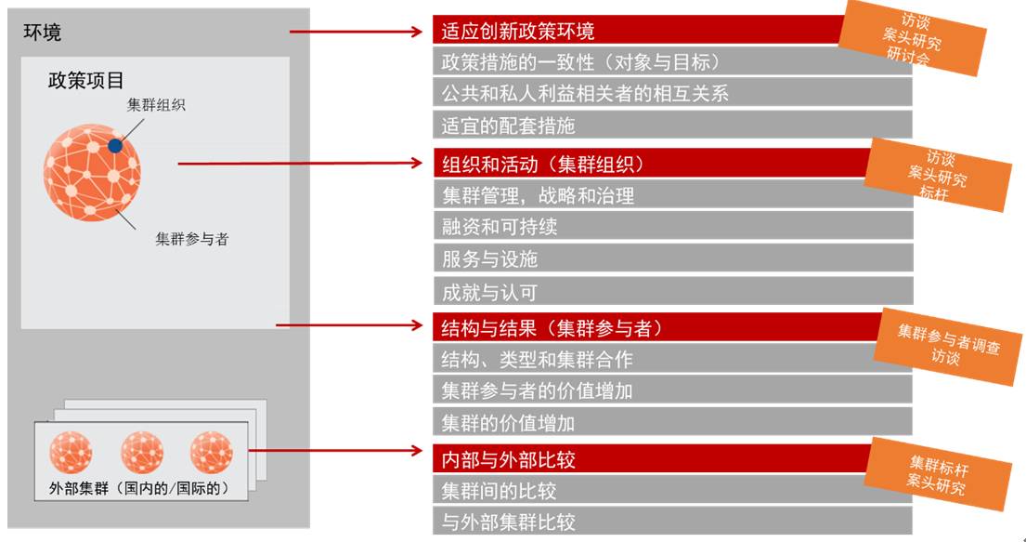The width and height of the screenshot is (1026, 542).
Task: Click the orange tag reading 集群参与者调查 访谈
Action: click(x=948, y=347)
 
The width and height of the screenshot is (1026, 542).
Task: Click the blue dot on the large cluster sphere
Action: click(x=114, y=146)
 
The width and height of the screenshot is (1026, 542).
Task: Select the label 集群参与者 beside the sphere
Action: click(x=191, y=239)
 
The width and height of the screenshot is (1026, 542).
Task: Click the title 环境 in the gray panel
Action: click(x=43, y=33)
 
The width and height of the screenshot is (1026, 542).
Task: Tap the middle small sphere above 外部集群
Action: click(x=142, y=452)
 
